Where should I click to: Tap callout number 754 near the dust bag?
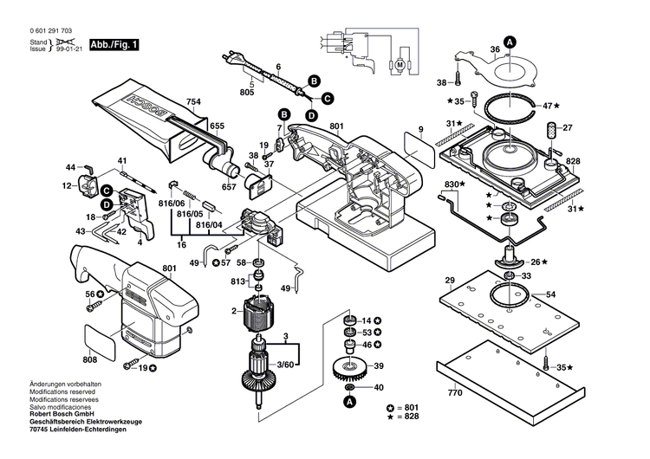[193, 102]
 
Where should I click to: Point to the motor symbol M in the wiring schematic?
[400, 63]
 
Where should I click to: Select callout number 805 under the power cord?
[247, 92]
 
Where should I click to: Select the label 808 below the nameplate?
[90, 359]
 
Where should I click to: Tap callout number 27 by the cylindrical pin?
[569, 128]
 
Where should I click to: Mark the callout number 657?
[229, 187]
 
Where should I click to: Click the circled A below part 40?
[350, 402]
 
